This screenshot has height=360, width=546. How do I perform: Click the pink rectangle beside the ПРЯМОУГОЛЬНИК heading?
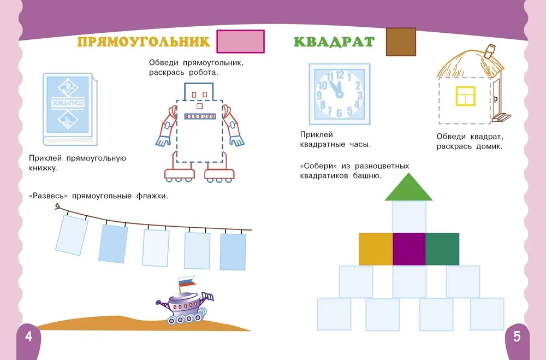241,42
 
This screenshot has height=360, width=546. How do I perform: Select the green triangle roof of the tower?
408,187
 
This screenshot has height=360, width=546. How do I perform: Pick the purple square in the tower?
409,249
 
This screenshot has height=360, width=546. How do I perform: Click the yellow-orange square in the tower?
376,249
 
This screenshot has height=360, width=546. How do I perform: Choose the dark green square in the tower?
442,249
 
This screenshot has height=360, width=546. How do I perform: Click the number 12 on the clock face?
339,75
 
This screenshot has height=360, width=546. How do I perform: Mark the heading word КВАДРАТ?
334,42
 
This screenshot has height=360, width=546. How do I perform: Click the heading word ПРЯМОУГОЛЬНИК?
144,42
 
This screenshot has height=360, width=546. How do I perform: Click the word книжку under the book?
44,168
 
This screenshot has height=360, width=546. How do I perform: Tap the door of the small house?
495,101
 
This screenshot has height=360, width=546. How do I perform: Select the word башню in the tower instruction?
367,176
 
